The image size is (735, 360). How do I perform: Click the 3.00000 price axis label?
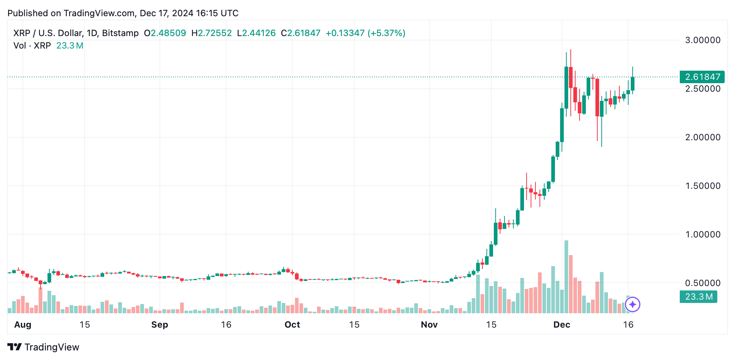(703, 40)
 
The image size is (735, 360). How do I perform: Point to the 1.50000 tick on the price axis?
(703, 186)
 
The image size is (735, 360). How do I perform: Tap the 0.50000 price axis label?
(703, 283)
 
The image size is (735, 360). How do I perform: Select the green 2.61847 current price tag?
(702, 77)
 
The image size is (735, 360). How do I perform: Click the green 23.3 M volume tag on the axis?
(699, 297)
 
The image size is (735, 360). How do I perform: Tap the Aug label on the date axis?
(23, 325)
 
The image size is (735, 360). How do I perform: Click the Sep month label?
(159, 325)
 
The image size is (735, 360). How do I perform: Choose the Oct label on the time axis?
(292, 325)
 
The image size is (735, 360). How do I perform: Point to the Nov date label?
(429, 325)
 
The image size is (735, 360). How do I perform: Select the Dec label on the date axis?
(562, 325)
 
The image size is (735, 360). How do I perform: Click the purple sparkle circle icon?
(633, 304)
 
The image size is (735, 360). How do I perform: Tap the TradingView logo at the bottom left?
(43, 347)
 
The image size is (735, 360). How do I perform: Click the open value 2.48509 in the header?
(168, 33)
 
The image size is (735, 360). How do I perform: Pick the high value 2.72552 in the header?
(215, 33)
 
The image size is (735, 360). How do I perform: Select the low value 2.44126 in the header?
(259, 33)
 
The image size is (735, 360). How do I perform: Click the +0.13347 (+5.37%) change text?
(365, 33)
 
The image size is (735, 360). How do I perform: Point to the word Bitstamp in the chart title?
(120, 33)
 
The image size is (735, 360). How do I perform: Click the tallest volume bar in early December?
(566, 277)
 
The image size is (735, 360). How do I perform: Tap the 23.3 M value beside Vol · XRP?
(70, 46)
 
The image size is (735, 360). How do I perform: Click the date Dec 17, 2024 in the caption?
(166, 13)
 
